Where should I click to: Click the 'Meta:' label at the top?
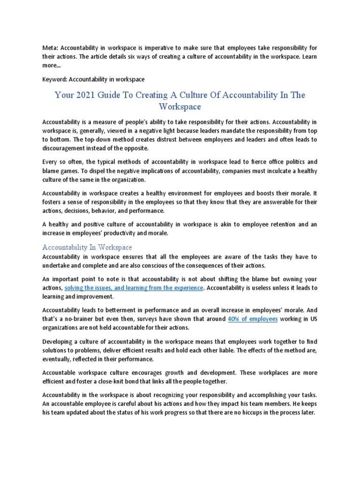tap(50, 47)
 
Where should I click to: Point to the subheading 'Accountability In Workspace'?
tap(87, 247)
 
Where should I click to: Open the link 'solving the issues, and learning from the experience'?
tap(134, 287)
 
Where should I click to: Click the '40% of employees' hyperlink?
tap(253, 319)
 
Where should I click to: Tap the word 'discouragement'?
tap(66, 148)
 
